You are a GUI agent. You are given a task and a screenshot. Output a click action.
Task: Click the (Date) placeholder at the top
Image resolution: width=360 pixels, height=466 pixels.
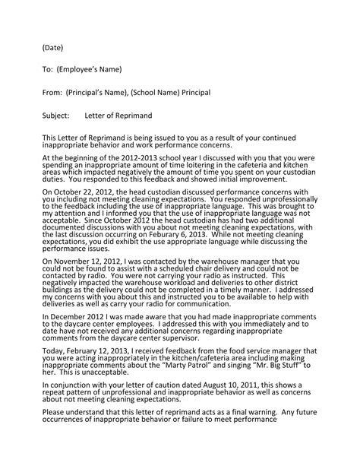point(52,47)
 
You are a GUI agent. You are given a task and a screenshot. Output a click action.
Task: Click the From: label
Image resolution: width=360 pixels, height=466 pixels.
point(52,92)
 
